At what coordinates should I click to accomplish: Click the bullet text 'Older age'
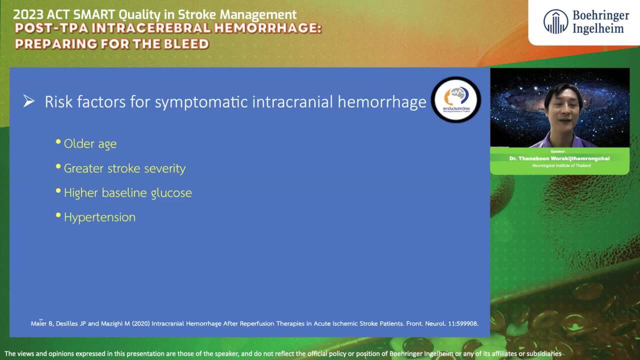click(90, 144)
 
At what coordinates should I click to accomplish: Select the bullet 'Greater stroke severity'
click(124, 168)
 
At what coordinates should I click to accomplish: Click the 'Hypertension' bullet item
click(99, 217)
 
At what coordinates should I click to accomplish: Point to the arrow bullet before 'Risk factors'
click(29, 101)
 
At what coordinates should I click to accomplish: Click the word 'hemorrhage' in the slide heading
click(381, 102)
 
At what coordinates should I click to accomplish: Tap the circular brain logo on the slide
click(455, 99)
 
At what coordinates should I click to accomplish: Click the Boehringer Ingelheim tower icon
click(555, 22)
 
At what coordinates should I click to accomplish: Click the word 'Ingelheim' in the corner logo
click(598, 28)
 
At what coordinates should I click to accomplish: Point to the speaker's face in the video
click(563, 105)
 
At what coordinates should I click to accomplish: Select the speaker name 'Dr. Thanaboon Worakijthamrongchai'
click(559, 158)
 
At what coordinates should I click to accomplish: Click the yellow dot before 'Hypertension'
click(58, 215)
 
